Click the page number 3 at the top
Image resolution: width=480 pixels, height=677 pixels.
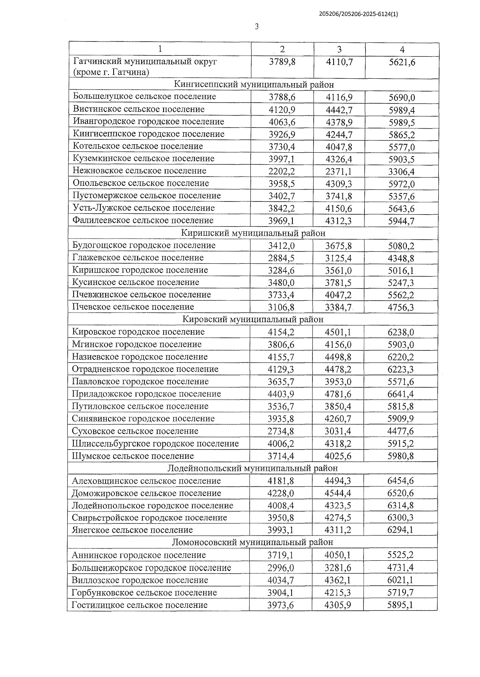click(256, 27)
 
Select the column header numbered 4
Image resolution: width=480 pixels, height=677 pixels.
click(402, 50)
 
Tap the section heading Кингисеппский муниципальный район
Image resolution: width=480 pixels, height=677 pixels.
click(254, 84)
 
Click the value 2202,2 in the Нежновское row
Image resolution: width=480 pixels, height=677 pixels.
click(282, 171)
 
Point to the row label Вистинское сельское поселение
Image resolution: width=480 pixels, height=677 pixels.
click(138, 109)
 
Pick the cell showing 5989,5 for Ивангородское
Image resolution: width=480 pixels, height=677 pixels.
click(401, 122)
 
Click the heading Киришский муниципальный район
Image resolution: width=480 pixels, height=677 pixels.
click(253, 233)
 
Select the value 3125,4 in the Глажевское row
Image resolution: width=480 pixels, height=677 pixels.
click(338, 258)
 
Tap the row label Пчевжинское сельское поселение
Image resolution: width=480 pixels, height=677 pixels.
click(142, 295)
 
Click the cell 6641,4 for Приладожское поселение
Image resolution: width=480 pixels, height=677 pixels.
click(401, 394)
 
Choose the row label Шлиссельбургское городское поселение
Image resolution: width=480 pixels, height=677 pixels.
click(155, 444)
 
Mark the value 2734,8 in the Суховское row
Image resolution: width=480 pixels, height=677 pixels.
click(281, 431)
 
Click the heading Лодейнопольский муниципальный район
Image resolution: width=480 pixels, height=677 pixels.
click(252, 468)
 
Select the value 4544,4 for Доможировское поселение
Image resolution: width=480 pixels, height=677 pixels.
click(338, 494)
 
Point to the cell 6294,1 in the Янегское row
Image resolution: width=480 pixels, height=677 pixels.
click(400, 530)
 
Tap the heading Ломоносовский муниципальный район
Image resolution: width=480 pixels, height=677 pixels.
click(252, 542)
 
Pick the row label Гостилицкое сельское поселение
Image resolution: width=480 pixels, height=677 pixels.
click(139, 605)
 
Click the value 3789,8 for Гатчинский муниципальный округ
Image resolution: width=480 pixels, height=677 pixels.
click(282, 62)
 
